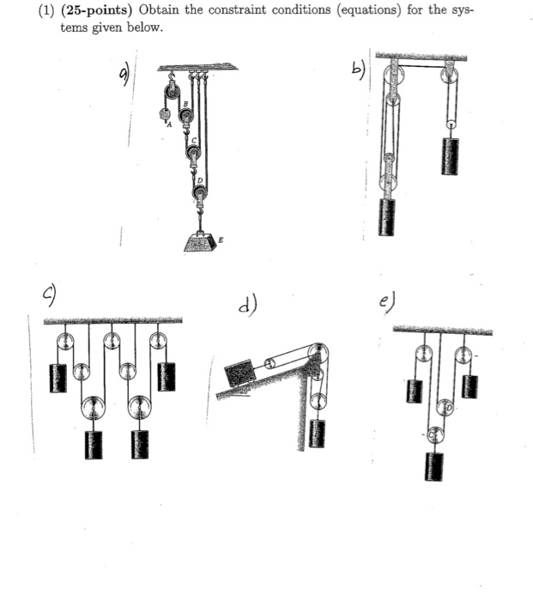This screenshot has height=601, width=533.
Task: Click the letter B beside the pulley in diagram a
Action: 183,102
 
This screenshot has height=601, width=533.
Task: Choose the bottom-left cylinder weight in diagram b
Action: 389,218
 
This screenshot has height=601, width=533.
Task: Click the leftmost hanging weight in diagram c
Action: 58,377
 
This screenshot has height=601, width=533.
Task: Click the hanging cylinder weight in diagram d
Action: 319,432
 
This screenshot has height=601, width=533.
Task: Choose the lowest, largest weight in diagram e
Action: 436,466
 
